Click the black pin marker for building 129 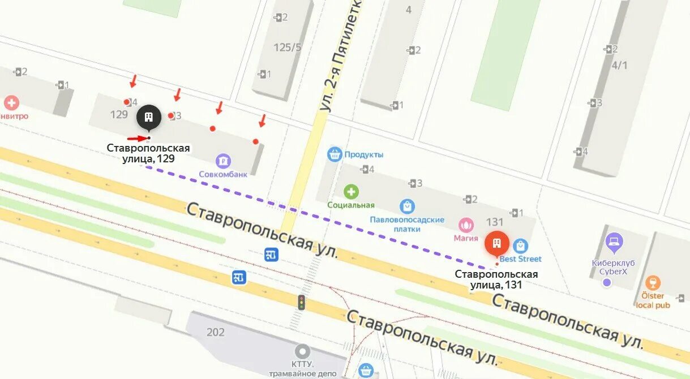148,118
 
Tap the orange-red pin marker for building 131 496,244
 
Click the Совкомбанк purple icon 224,161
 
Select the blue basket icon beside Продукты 335,154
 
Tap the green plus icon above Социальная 351,192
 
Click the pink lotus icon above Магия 466,225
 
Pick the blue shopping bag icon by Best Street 520,246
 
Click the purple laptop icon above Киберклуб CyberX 614,244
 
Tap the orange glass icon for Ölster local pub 653,283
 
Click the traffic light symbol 302,302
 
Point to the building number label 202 215,332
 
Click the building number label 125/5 288,47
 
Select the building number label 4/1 619,65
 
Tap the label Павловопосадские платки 407,224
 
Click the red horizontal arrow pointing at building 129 136,138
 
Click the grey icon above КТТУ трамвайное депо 303,351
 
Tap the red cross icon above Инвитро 11,103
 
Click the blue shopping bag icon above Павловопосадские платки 406,206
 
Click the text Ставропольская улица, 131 496,279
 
